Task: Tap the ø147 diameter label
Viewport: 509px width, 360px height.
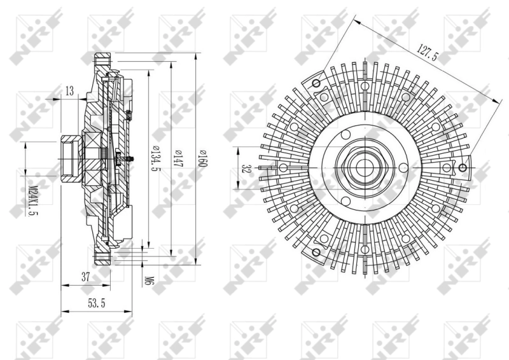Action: [179, 158]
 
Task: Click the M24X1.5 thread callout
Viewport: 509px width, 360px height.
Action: [33, 200]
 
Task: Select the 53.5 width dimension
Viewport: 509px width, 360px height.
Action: [96, 304]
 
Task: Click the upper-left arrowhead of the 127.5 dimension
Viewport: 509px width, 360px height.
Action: [354, 20]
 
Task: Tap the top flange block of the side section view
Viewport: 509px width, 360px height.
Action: [102, 64]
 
